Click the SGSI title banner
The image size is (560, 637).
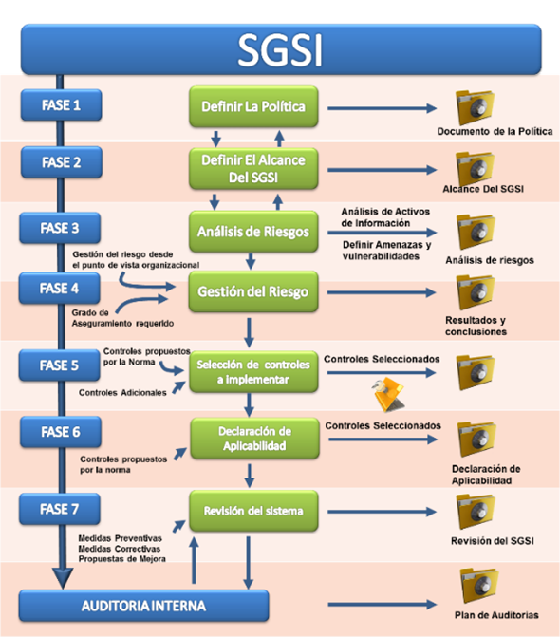(x=281, y=49)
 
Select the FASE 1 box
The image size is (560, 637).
(x=61, y=105)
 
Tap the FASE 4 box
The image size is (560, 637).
(x=59, y=289)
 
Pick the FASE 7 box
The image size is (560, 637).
(x=59, y=509)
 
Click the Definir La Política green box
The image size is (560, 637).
(x=253, y=106)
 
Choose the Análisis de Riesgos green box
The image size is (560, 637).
(x=253, y=232)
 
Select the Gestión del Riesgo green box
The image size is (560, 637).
(x=253, y=291)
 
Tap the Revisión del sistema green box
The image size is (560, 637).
(x=253, y=511)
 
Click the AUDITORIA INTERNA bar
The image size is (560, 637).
(x=143, y=606)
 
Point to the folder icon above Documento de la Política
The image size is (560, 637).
(x=476, y=107)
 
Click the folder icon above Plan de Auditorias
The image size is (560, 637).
(x=479, y=586)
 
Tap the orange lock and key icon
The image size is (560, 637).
(x=388, y=393)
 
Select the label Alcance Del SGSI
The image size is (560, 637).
(x=483, y=189)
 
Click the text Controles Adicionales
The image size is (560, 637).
(x=122, y=392)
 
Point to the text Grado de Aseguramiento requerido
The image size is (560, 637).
(x=122, y=318)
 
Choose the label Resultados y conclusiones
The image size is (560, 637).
(x=476, y=326)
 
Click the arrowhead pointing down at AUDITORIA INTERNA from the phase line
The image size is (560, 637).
(x=63, y=578)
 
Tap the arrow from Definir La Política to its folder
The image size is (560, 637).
(x=383, y=108)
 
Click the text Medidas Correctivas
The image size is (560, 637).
(x=120, y=549)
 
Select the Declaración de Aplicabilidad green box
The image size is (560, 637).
(x=255, y=439)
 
